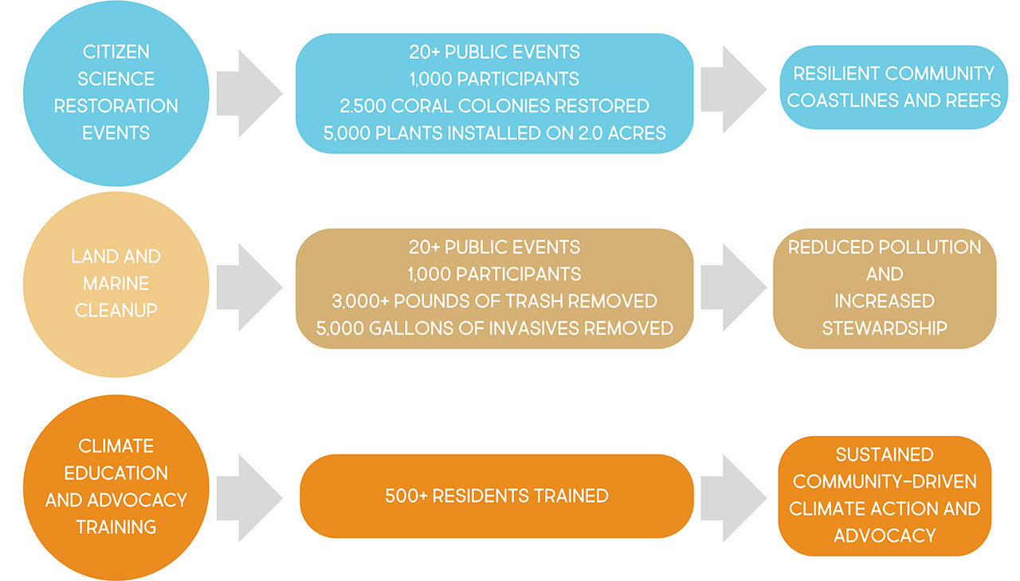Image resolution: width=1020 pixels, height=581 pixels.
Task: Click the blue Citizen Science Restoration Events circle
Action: click(116, 93)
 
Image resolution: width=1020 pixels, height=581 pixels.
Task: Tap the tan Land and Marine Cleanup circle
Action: click(116, 285)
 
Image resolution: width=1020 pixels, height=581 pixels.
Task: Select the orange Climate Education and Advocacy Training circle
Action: click(116, 486)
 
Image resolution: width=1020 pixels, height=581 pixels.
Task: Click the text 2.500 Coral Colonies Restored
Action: click(494, 106)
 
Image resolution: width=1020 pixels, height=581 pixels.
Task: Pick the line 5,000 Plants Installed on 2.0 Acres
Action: click(494, 133)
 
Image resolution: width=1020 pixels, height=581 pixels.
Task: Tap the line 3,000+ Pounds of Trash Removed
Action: click(494, 300)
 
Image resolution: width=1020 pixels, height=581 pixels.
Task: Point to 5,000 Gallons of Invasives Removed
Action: click(494, 328)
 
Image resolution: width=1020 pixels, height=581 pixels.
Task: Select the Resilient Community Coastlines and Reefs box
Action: click(892, 87)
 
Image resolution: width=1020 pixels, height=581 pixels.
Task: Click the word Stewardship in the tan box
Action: click(885, 328)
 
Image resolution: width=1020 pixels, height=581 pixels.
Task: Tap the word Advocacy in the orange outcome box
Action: click(885, 536)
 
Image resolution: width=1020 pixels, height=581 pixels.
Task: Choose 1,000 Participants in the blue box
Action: click(494, 79)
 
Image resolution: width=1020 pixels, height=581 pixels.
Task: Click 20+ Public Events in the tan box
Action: click(494, 246)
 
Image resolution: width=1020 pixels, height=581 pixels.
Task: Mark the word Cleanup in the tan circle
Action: click(116, 311)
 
